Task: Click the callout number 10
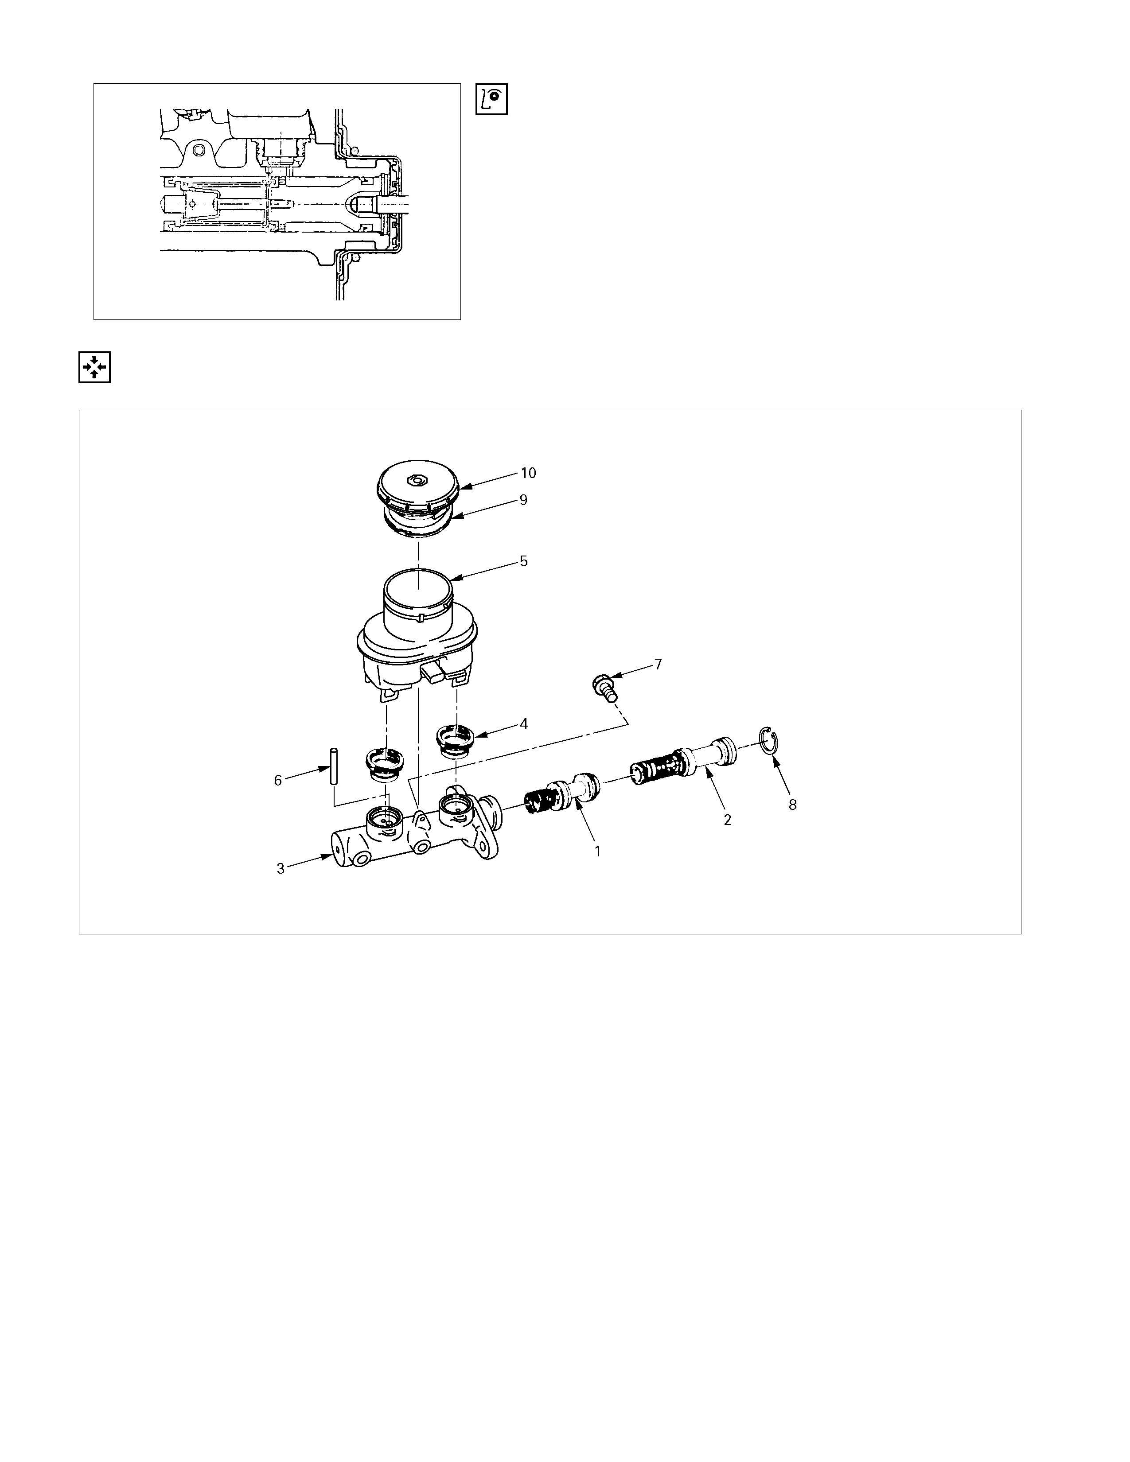[528, 473]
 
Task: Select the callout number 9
[523, 500]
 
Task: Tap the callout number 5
[523, 561]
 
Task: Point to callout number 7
[658, 664]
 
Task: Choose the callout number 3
[281, 868]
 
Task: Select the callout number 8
[793, 805]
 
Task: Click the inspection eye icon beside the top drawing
[491, 99]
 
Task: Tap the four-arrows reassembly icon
[94, 367]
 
